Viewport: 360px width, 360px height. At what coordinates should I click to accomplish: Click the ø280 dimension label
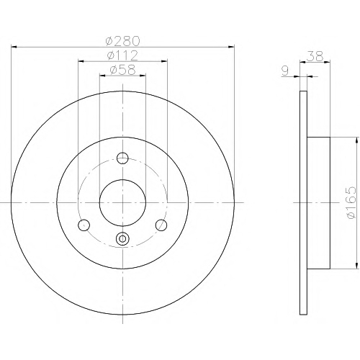pyautogui.click(x=122, y=41)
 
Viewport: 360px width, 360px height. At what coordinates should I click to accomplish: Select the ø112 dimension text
pyautogui.click(x=122, y=55)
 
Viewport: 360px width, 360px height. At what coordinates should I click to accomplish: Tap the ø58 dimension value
pyautogui.click(x=122, y=70)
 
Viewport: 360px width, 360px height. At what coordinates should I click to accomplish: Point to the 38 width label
pyautogui.click(x=315, y=57)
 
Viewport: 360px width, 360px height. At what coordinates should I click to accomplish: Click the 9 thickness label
pyautogui.click(x=285, y=71)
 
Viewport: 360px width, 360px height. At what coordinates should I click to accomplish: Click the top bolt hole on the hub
pyautogui.click(x=122, y=158)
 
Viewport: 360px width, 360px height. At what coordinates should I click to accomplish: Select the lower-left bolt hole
pyautogui.click(x=84, y=225)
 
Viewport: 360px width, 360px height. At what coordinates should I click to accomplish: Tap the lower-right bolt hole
pyautogui.click(x=161, y=225)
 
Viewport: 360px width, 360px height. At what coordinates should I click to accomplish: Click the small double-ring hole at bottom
pyautogui.click(x=122, y=238)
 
